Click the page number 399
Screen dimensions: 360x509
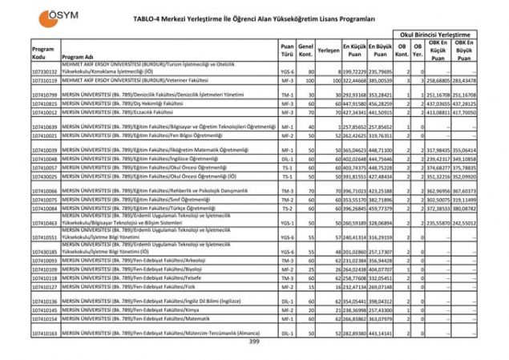click(x=254, y=342)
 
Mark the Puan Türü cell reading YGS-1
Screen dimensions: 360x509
click(x=286, y=223)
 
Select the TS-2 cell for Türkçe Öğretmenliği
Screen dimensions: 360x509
click(x=286, y=208)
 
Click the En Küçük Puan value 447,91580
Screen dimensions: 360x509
click(x=354, y=103)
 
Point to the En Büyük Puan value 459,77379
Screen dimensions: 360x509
click(x=380, y=208)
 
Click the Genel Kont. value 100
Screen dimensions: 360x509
click(x=306, y=81)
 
